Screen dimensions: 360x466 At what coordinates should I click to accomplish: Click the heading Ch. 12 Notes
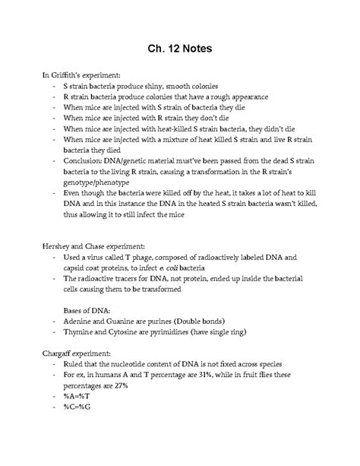(x=180, y=49)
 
